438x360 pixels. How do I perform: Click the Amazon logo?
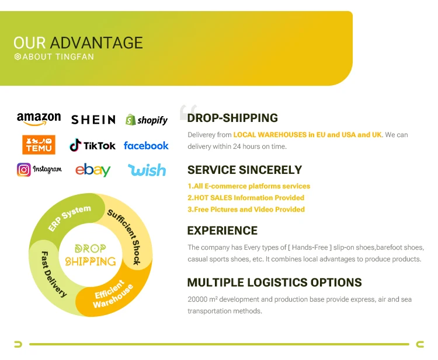(39, 119)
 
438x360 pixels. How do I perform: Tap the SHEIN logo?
(93, 120)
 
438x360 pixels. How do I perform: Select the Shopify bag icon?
(130, 120)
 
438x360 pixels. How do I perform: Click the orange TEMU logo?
(39, 145)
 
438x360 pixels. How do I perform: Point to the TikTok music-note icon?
(75, 145)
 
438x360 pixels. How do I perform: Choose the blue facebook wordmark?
(146, 145)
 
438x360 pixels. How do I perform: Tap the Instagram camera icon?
(24, 170)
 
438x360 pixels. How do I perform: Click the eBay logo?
(93, 170)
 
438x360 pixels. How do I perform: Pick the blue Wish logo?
(147, 170)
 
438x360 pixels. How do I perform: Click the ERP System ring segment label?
(69, 219)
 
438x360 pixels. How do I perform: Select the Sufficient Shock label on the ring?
(124, 236)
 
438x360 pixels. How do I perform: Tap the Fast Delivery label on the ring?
(53, 274)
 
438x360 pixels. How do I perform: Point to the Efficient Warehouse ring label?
(113, 294)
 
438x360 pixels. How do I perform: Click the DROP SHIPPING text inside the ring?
(90, 255)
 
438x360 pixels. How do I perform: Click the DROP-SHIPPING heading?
(232, 118)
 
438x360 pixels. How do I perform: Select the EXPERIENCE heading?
(223, 230)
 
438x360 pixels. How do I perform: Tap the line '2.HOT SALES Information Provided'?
(246, 198)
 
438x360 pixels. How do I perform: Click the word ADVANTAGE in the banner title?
(96, 43)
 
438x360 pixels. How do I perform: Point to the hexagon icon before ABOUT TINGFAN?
(18, 57)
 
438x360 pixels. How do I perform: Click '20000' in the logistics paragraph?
(197, 299)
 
